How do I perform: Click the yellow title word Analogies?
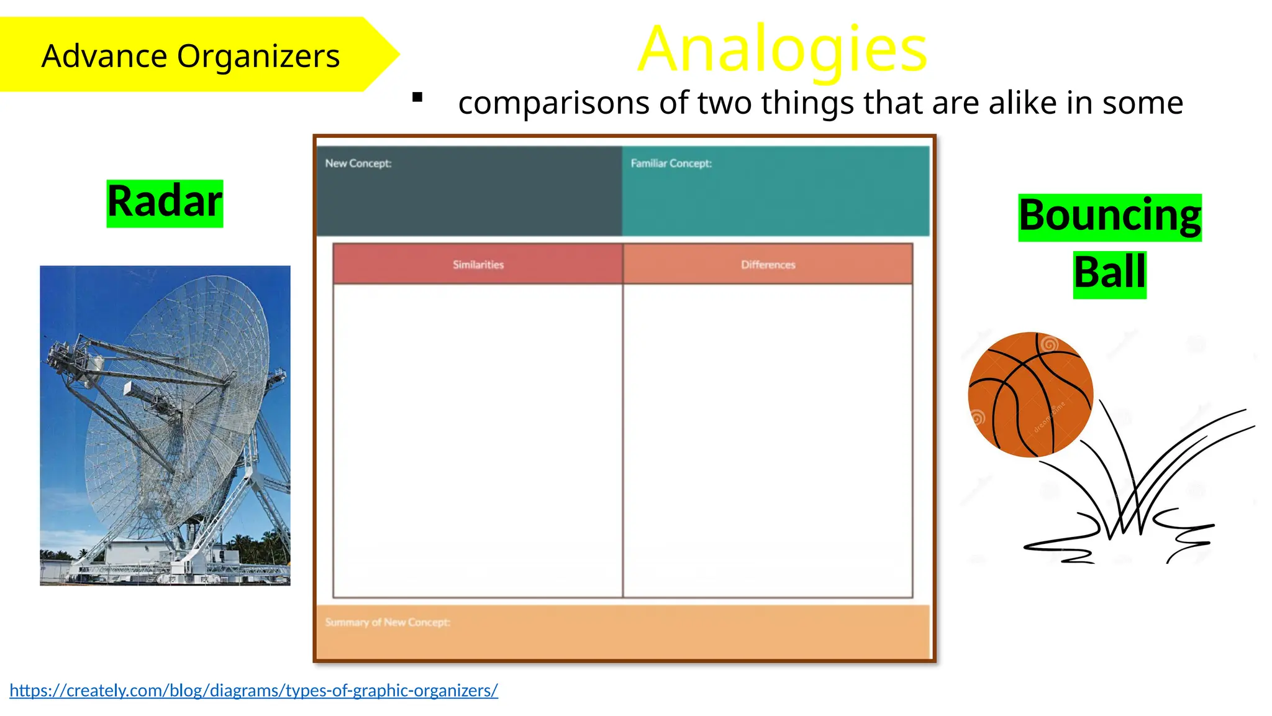point(783,50)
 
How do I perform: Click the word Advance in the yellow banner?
point(104,56)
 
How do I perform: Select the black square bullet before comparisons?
point(417,97)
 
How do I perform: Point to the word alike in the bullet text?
point(1022,103)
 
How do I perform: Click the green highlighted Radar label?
point(165,202)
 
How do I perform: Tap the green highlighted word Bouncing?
point(1110,216)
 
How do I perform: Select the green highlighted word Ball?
point(1109,273)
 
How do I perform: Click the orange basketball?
point(1030,395)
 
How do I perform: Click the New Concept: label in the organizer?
point(358,163)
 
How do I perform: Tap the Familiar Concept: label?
point(671,163)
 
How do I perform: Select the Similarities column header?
point(478,265)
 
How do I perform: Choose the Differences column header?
point(768,265)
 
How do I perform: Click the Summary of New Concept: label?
point(388,622)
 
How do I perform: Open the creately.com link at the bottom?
point(253,691)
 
